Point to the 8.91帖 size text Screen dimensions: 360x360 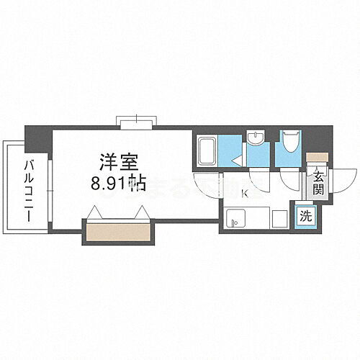tap(119, 182)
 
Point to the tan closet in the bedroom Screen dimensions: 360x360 tap(119, 231)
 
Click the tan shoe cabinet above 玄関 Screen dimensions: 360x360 tap(317, 156)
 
